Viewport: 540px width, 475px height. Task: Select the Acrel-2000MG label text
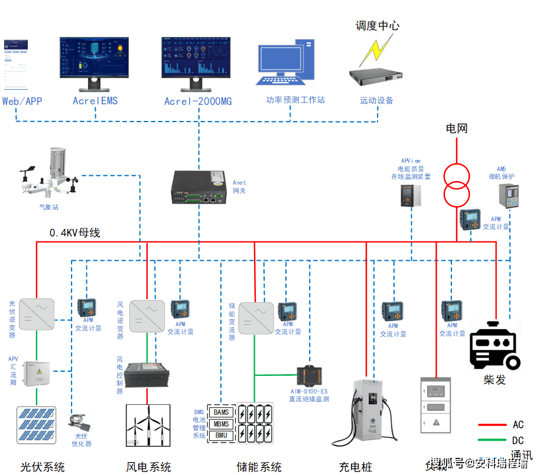coord(198,101)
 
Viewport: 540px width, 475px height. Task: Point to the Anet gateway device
coord(199,188)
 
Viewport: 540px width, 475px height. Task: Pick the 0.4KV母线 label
coord(74,233)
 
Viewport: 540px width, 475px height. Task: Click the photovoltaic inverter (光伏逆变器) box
coord(37,313)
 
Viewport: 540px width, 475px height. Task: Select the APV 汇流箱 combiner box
coord(37,374)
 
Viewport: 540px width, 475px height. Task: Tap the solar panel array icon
coord(37,424)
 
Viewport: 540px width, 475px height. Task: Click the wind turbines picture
coord(148,425)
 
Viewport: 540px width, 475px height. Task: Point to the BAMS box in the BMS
coord(222,412)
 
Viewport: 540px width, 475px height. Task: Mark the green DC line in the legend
coord(493,440)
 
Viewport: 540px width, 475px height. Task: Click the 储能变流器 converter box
coord(256,319)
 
